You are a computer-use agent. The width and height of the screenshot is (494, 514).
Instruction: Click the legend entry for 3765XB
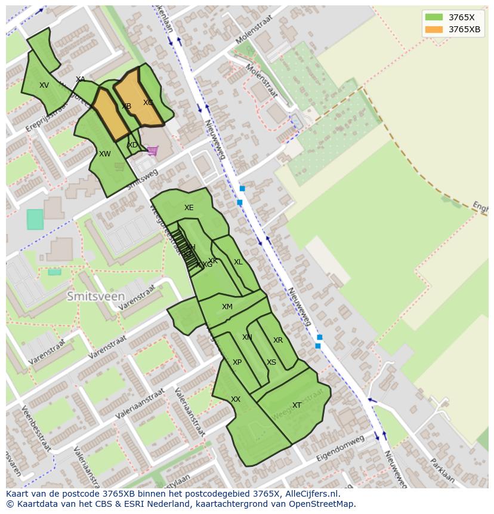(464, 29)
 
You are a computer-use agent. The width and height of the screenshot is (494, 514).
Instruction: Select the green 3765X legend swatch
(434, 17)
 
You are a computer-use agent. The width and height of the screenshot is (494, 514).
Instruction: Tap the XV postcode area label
(44, 85)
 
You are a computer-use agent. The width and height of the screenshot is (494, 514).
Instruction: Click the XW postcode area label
(105, 154)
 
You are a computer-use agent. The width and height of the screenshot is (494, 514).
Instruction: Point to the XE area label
(189, 208)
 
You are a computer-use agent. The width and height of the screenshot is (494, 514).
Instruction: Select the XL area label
(238, 262)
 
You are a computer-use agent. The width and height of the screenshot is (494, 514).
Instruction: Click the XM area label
(227, 307)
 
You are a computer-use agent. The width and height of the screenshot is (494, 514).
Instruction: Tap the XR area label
(278, 340)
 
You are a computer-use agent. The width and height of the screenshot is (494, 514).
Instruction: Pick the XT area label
(297, 405)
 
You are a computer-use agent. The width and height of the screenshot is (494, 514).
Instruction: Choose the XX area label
(236, 399)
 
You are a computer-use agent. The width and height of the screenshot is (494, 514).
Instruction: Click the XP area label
(237, 362)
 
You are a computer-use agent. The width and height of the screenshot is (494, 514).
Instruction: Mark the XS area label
(271, 362)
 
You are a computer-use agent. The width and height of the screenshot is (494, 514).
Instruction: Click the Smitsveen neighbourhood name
(96, 296)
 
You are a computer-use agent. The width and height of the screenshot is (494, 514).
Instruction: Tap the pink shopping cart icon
(153, 150)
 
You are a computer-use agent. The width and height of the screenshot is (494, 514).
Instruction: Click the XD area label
(132, 145)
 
